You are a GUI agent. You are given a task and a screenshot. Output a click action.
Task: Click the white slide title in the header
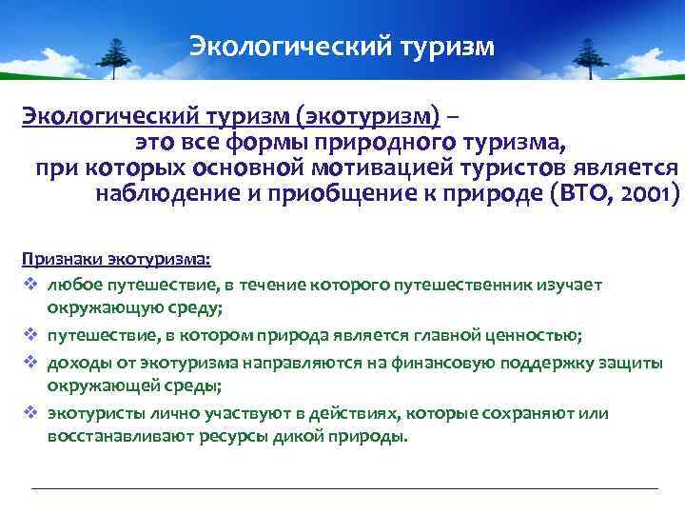(x=342, y=47)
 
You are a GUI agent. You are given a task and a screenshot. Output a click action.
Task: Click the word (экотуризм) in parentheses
(x=368, y=116)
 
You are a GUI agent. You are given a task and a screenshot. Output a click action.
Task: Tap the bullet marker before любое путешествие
(x=29, y=285)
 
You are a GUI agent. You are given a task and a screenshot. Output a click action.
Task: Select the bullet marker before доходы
(x=29, y=363)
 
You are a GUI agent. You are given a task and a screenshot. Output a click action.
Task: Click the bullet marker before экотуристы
(x=29, y=414)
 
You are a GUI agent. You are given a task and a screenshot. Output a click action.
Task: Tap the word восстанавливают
(x=112, y=437)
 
